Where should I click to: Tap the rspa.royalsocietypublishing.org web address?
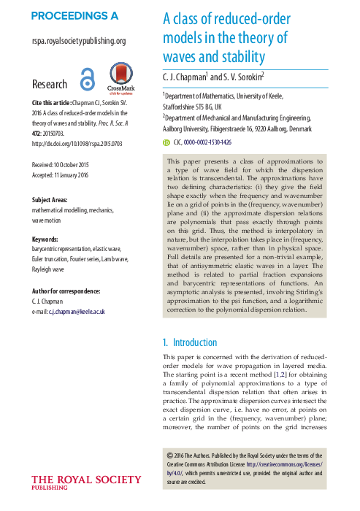pyautogui.click(x=79, y=42)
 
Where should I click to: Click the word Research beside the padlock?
pyautogui.click(x=50, y=85)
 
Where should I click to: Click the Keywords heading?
pyautogui.click(x=49, y=240)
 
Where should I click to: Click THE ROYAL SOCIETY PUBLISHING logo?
pyautogui.click(x=86, y=481)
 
